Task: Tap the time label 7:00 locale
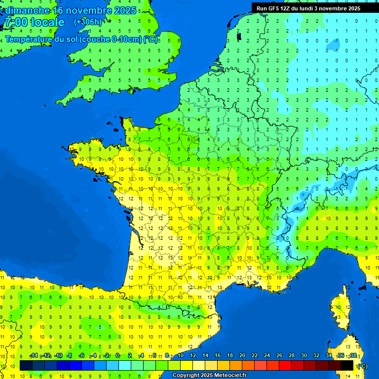click(34, 22)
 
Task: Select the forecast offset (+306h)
click(87, 22)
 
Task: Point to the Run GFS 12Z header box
click(308, 8)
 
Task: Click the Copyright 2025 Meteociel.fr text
click(209, 376)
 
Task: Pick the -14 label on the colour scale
click(34, 356)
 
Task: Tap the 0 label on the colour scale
click(117, 356)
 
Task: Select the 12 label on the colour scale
click(192, 356)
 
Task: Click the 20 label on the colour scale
click(242, 356)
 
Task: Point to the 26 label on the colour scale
click(279, 356)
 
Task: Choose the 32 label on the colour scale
click(316, 356)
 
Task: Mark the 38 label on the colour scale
click(353, 356)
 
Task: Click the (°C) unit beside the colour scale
click(362, 366)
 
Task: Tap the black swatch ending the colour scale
click(347, 365)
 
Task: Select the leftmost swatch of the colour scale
click(26, 365)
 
